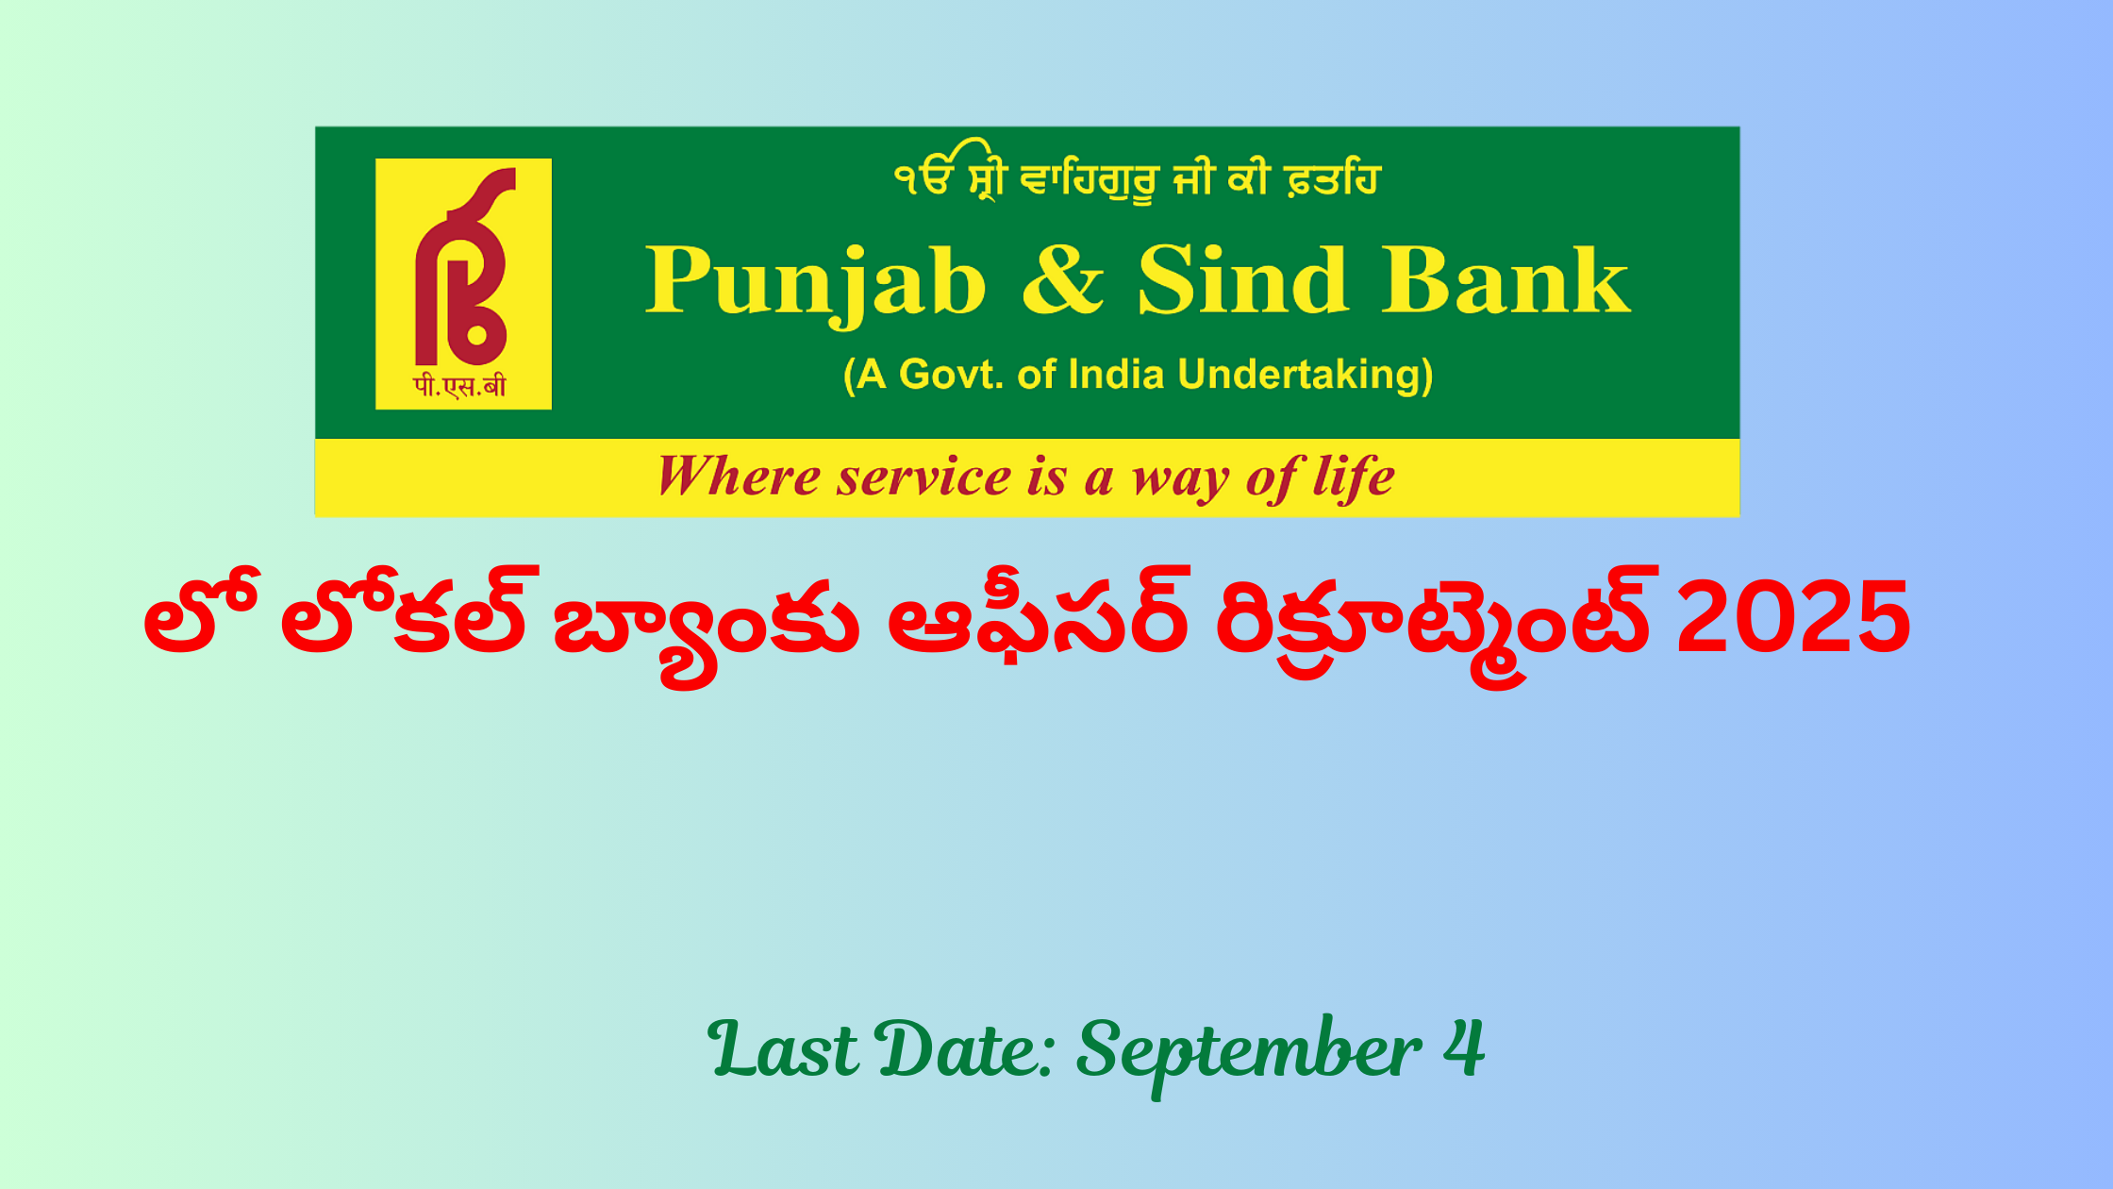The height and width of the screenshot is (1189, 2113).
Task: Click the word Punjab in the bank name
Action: (816, 284)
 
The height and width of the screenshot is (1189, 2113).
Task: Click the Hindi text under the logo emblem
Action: (459, 386)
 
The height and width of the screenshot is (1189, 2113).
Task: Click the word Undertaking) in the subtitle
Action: (1306, 376)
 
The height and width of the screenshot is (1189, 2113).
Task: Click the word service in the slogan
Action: (923, 477)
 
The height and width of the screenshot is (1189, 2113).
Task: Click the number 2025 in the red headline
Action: (1793, 618)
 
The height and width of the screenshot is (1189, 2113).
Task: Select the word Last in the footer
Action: (783, 1049)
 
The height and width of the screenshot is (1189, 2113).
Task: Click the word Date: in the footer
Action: (966, 1049)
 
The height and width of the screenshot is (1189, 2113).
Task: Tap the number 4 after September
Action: (1464, 1047)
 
